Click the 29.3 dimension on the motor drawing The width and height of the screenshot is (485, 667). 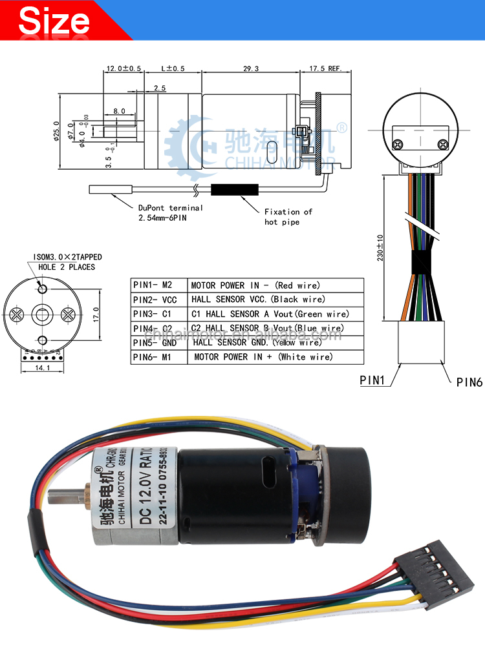(x=251, y=68)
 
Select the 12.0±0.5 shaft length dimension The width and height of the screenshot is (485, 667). (x=123, y=68)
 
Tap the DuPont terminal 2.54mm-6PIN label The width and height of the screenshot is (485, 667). (x=170, y=213)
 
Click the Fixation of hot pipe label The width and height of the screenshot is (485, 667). (x=288, y=217)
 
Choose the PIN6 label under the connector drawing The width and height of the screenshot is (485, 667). (x=469, y=382)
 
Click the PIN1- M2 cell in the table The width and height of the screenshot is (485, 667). (x=158, y=285)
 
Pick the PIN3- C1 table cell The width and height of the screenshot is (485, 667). (x=158, y=314)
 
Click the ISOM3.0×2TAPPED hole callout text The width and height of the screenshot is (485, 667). (x=67, y=262)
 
